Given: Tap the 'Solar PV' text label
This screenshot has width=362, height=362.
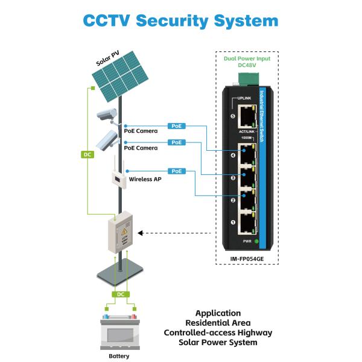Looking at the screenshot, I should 109,59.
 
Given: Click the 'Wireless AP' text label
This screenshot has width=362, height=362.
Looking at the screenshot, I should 144,179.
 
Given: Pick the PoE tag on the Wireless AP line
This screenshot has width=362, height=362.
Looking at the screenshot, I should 176,171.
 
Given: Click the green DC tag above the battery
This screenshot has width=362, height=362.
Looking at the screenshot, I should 121,294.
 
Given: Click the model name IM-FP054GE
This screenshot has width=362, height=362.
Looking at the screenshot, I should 247,259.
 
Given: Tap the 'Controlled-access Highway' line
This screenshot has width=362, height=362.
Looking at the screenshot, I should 218,332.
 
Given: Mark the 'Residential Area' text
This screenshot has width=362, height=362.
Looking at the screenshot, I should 218,323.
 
